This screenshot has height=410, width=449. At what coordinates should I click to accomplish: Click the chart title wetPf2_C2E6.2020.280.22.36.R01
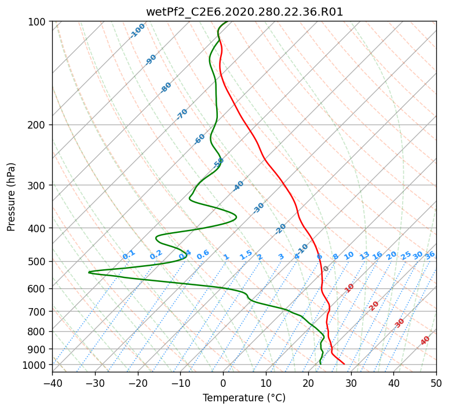244,12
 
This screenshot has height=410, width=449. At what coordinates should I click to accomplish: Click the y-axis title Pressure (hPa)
12,196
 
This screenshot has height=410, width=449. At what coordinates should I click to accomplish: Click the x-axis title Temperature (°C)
244,398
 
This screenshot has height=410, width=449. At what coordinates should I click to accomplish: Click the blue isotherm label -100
137,30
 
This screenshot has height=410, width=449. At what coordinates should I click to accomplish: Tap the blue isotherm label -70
182,114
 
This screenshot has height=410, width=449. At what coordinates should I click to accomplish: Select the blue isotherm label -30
258,207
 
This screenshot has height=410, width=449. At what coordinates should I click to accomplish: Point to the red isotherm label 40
425,341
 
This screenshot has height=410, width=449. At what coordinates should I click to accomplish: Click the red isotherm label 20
374,305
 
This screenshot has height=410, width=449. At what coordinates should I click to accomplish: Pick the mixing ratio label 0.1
129,254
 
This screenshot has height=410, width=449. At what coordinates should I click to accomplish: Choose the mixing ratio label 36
430,255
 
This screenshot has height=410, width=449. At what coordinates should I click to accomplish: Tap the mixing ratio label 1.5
246,254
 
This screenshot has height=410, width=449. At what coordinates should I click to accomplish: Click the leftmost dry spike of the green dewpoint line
89,272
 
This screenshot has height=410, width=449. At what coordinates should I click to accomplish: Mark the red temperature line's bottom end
344,364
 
